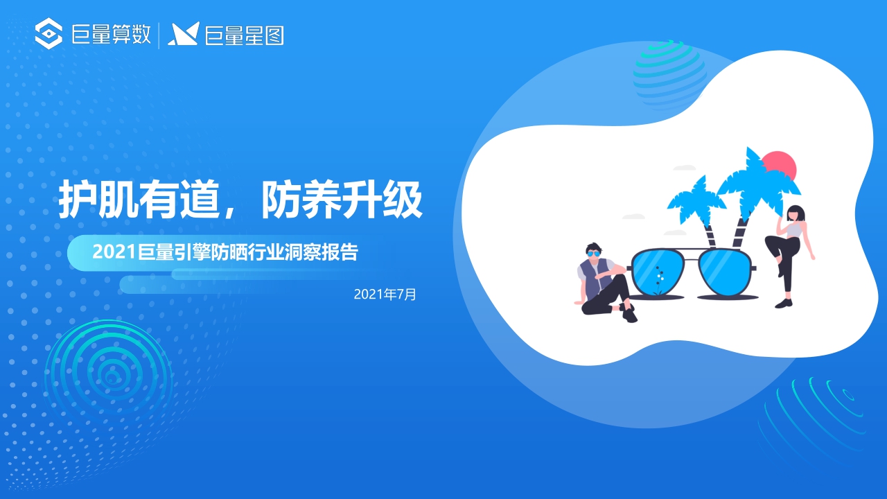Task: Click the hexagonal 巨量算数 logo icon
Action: (49, 35)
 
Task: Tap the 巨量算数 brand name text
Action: (112, 35)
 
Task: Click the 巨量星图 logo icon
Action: (184, 35)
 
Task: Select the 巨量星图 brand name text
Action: (245, 35)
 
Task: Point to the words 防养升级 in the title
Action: (342, 201)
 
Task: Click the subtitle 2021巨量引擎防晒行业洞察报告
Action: (225, 253)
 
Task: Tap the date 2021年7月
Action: (385, 295)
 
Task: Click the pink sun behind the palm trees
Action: (781, 165)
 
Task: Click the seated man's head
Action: (592, 251)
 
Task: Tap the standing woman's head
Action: (795, 214)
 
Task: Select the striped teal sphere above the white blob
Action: (669, 73)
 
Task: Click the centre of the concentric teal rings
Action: (109, 376)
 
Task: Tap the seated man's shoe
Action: (629, 316)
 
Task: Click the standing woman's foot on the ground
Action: (784, 303)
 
